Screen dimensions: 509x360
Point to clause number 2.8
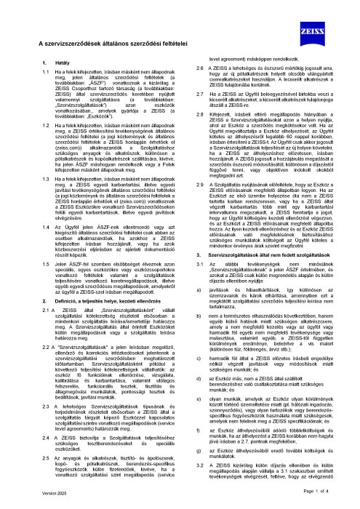point(193,135)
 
